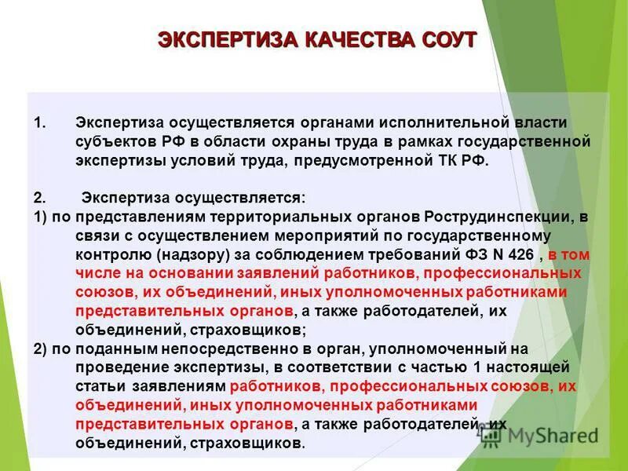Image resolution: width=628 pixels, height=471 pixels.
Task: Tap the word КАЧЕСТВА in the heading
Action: [342, 40]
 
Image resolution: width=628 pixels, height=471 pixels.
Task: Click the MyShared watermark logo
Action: [542, 434]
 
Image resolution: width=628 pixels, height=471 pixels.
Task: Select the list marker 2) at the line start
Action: [42, 349]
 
